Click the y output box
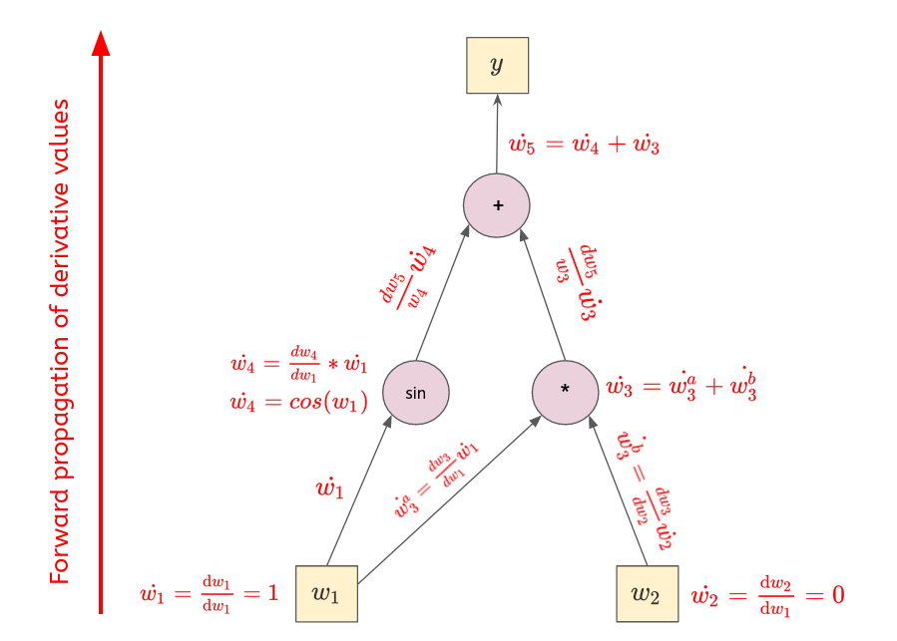pyautogui.click(x=497, y=66)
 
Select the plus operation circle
pyautogui.click(x=496, y=206)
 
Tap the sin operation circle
pyautogui.click(x=416, y=393)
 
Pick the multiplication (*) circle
pyautogui.click(x=565, y=391)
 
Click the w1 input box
pyautogui.click(x=326, y=593)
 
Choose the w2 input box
pyautogui.click(x=647, y=593)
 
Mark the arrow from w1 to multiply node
pyautogui.click(x=449, y=499)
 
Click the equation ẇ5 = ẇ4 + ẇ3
pyautogui.click(x=584, y=146)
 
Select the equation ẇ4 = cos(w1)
pyautogui.click(x=298, y=403)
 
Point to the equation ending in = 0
pyautogui.click(x=767, y=595)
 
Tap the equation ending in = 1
pyautogui.click(x=209, y=595)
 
